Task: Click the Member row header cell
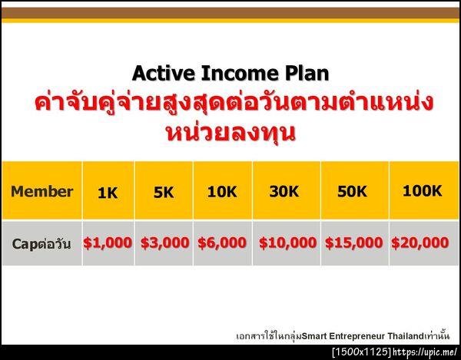(42, 192)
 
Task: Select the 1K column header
(108, 193)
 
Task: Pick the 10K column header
(221, 192)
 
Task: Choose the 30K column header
(284, 192)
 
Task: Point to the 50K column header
(352, 192)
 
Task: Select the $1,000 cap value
(108, 243)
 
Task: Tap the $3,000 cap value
(164, 243)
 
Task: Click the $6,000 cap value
(222, 243)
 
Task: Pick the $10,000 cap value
(287, 243)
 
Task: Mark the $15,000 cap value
(353, 243)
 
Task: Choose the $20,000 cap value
(420, 243)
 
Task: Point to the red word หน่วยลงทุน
(230, 131)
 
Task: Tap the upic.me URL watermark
(426, 352)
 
